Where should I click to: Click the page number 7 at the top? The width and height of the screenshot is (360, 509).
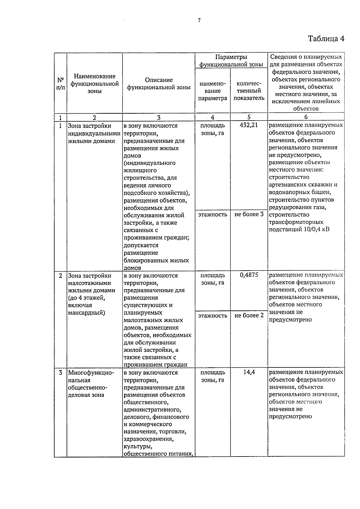199,20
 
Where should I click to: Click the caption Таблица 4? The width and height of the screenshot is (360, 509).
326,39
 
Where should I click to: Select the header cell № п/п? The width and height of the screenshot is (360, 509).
60,84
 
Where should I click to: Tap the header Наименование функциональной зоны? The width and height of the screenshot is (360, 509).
94,84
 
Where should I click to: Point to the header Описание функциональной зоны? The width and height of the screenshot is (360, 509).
159,84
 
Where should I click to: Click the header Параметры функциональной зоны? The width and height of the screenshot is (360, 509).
231,61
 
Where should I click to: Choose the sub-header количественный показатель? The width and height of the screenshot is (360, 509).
249,91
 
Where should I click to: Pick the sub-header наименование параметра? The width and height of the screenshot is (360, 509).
213,91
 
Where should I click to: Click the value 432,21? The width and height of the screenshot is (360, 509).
249,125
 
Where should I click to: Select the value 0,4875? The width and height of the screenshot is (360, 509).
249,275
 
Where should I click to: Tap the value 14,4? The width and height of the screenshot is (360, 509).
249,372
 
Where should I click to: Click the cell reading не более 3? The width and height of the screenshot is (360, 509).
249,214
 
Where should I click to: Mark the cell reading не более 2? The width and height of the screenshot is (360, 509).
249,315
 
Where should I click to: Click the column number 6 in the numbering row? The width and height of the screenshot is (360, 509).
306,117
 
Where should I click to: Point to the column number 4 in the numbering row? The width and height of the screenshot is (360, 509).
213,117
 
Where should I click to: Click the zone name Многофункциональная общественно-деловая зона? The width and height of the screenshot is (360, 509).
91,384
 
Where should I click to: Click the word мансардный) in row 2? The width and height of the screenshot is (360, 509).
86,313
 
